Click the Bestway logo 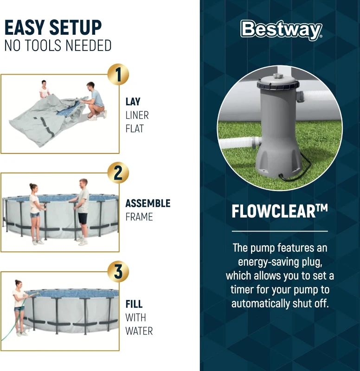point(281,30)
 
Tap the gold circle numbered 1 point(118,75)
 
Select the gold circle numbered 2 point(118,173)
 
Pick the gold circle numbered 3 point(118,272)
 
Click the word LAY point(133,102)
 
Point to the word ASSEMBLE point(148,203)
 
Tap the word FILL point(134,304)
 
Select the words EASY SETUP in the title point(53,28)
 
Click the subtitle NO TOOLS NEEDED point(58,46)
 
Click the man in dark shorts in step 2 point(83,209)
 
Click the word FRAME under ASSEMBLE point(139,217)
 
